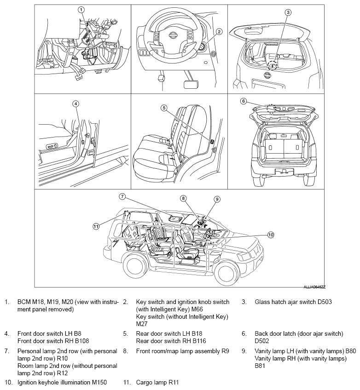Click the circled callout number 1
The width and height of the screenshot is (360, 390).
pos(81,9)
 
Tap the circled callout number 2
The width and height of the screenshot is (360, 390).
pos(219,32)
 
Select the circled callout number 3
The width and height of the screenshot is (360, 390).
pos(288,12)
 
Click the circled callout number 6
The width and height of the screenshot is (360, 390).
pos(244,101)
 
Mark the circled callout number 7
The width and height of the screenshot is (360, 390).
pos(122,196)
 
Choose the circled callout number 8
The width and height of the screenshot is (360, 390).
pos(183,199)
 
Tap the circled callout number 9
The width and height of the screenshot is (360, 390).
pos(217,199)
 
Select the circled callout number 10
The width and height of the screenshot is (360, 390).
pos(271,235)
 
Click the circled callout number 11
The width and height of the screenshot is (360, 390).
pos(96,226)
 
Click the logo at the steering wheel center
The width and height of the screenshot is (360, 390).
pos(173,34)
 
